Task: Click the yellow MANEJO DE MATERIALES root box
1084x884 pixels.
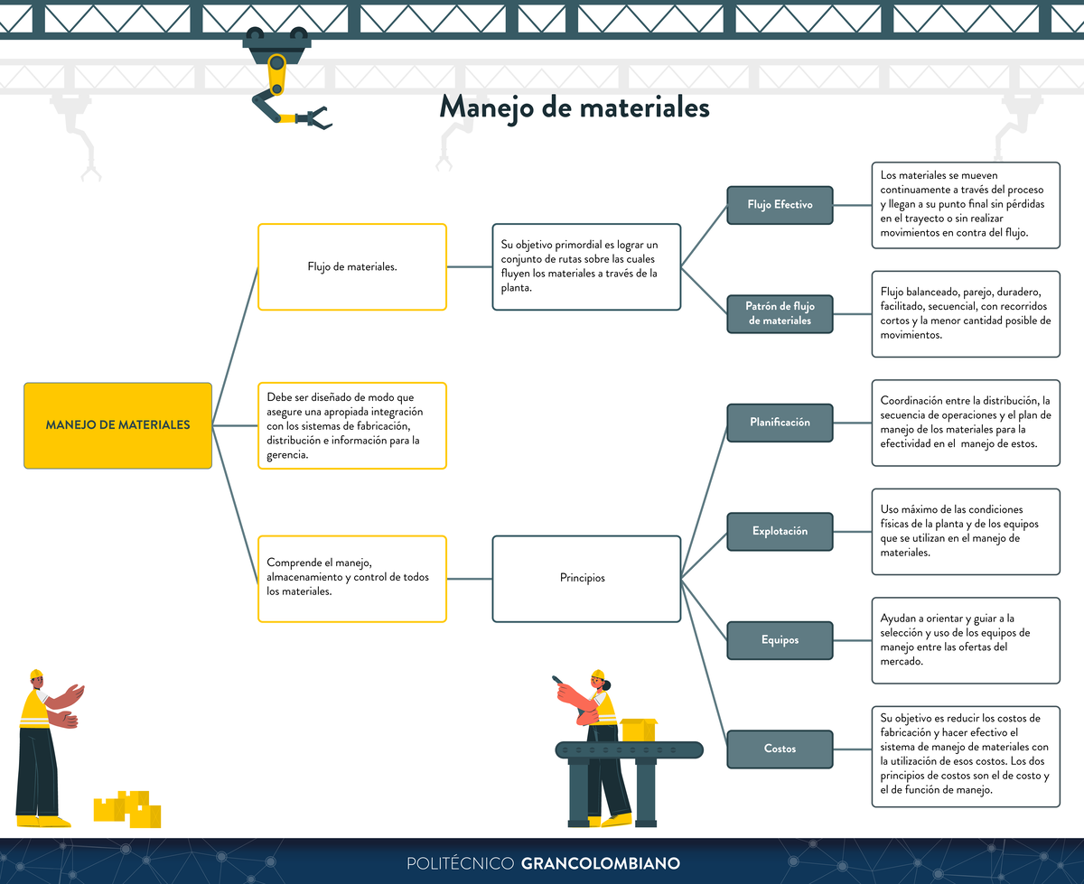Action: click(117, 425)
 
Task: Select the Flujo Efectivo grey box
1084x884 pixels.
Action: click(780, 205)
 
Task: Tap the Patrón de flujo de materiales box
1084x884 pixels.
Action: click(780, 313)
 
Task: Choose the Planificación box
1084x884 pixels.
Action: click(780, 423)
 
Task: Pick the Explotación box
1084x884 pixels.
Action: click(780, 531)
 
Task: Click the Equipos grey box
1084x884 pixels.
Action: click(780, 640)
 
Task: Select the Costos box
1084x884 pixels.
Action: click(780, 749)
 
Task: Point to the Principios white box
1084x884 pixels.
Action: click(586, 578)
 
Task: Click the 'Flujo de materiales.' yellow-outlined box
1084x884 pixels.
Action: click(352, 266)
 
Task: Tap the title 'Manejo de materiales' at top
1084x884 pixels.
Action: click(575, 107)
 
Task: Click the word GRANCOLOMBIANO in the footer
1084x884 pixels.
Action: click(600, 863)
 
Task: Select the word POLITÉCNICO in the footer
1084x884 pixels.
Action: click(461, 863)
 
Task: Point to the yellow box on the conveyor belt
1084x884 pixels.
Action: click(638, 730)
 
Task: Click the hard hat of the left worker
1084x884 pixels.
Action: click(36, 675)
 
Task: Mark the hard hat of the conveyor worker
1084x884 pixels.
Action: click(597, 675)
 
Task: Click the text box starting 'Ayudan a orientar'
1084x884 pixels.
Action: click(965, 640)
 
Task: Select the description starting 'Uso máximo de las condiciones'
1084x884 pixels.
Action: click(965, 531)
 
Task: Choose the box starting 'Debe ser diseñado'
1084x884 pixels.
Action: click(352, 425)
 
